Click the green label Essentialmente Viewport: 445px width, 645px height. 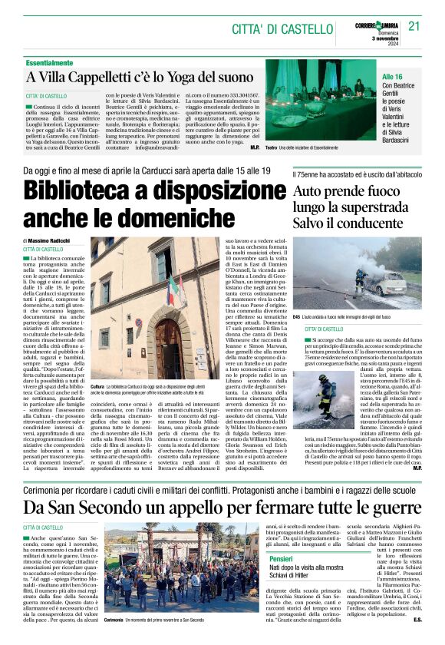coord(54,62)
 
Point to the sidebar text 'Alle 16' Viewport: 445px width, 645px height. coord(393,78)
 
